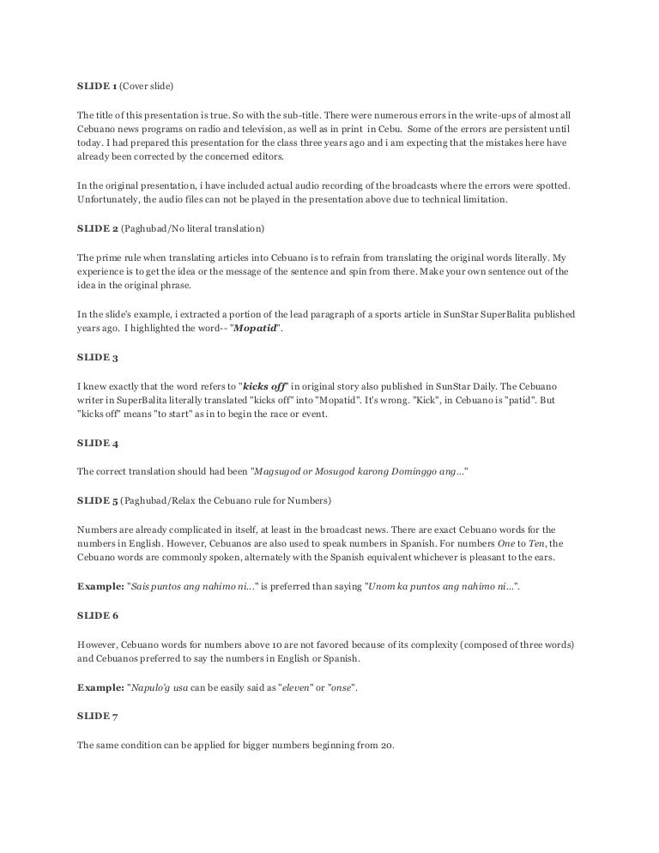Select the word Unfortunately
(108, 201)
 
